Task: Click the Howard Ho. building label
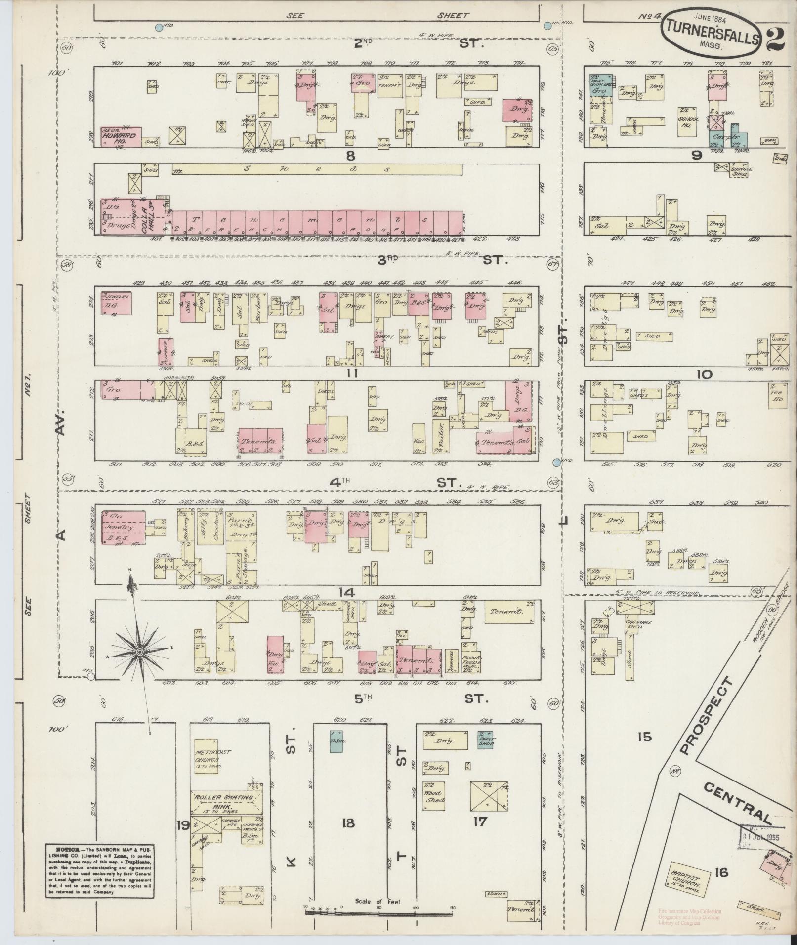pos(115,137)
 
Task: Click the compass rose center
pos(140,653)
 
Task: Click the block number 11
pos(351,373)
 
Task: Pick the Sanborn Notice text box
pos(99,868)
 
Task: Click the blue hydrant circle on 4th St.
pos(557,462)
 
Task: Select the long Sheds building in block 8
pos(316,169)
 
